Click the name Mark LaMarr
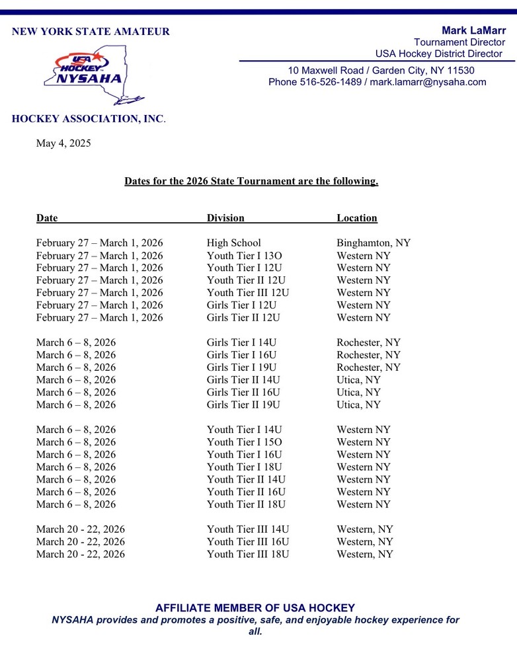pos(473,30)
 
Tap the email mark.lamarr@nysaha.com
pos(428,83)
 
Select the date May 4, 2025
pos(63,143)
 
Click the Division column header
pos(225,218)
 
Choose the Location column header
pos(357,218)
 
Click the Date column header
pos(47,218)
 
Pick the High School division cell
pos(233,243)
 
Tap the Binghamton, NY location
pos(374,243)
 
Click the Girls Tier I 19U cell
pos(241,368)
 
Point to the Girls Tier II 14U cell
pos(243,380)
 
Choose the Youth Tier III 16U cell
pos(248,542)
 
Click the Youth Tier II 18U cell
pos(246,504)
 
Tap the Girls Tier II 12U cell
pos(243,318)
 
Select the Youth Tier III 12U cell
pos(248,293)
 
